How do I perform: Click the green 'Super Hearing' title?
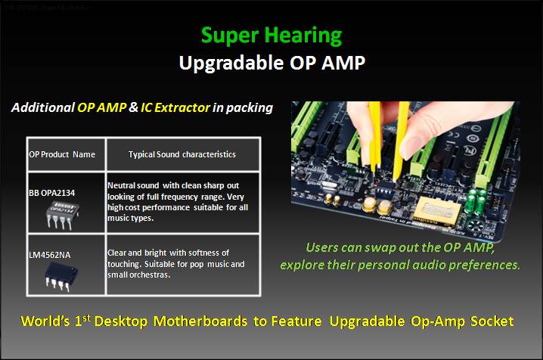click(x=271, y=35)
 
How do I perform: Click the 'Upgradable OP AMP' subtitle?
click(x=271, y=63)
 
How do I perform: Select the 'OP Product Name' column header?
click(x=62, y=154)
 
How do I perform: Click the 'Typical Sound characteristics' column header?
click(x=182, y=154)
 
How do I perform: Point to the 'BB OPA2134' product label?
click(x=52, y=194)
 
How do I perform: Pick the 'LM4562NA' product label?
click(x=50, y=255)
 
